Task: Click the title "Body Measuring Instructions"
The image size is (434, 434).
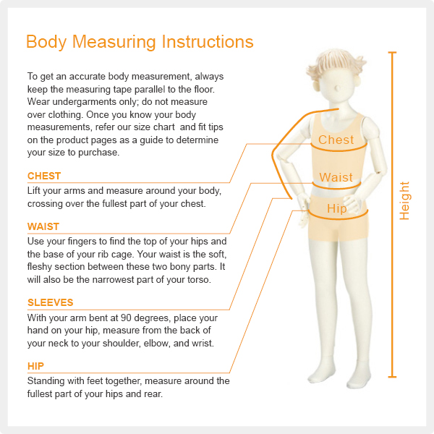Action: coord(140,42)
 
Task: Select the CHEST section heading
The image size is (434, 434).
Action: coord(44,176)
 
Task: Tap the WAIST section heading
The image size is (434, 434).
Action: coord(43,226)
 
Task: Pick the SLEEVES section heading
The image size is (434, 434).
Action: coord(51,302)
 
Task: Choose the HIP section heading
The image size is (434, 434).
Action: coord(35,366)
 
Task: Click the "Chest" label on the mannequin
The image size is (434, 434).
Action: coord(336,140)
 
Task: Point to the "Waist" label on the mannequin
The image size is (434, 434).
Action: coord(336,177)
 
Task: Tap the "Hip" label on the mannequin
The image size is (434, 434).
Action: coord(337,209)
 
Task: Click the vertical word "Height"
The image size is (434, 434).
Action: coord(404,200)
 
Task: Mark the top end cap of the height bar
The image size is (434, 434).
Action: coord(392,52)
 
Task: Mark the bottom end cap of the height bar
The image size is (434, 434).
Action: coord(392,377)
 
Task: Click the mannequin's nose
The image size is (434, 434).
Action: coord(337,88)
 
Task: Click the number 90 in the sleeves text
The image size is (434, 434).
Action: coord(126,318)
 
